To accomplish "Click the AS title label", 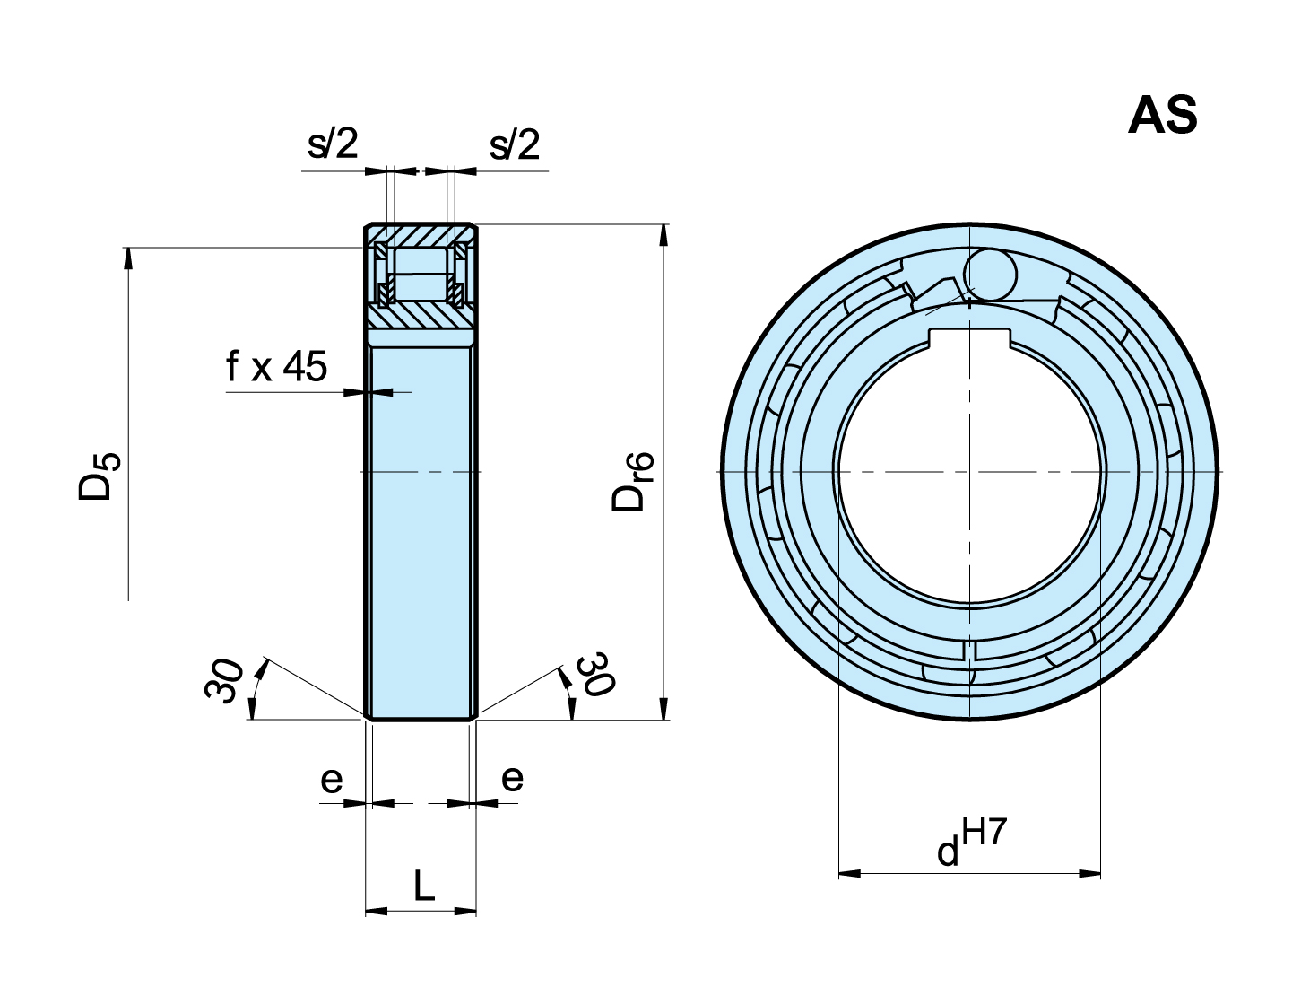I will (x=1162, y=117).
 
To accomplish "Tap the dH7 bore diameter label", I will (x=972, y=843).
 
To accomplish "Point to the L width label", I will (x=423, y=887).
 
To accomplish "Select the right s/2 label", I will (x=515, y=144).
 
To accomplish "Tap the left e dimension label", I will (x=331, y=780).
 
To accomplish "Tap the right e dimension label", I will (x=512, y=777).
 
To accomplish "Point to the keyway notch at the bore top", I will (x=970, y=338).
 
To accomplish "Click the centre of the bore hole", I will (x=970, y=471).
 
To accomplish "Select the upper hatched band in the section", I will (x=420, y=234).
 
